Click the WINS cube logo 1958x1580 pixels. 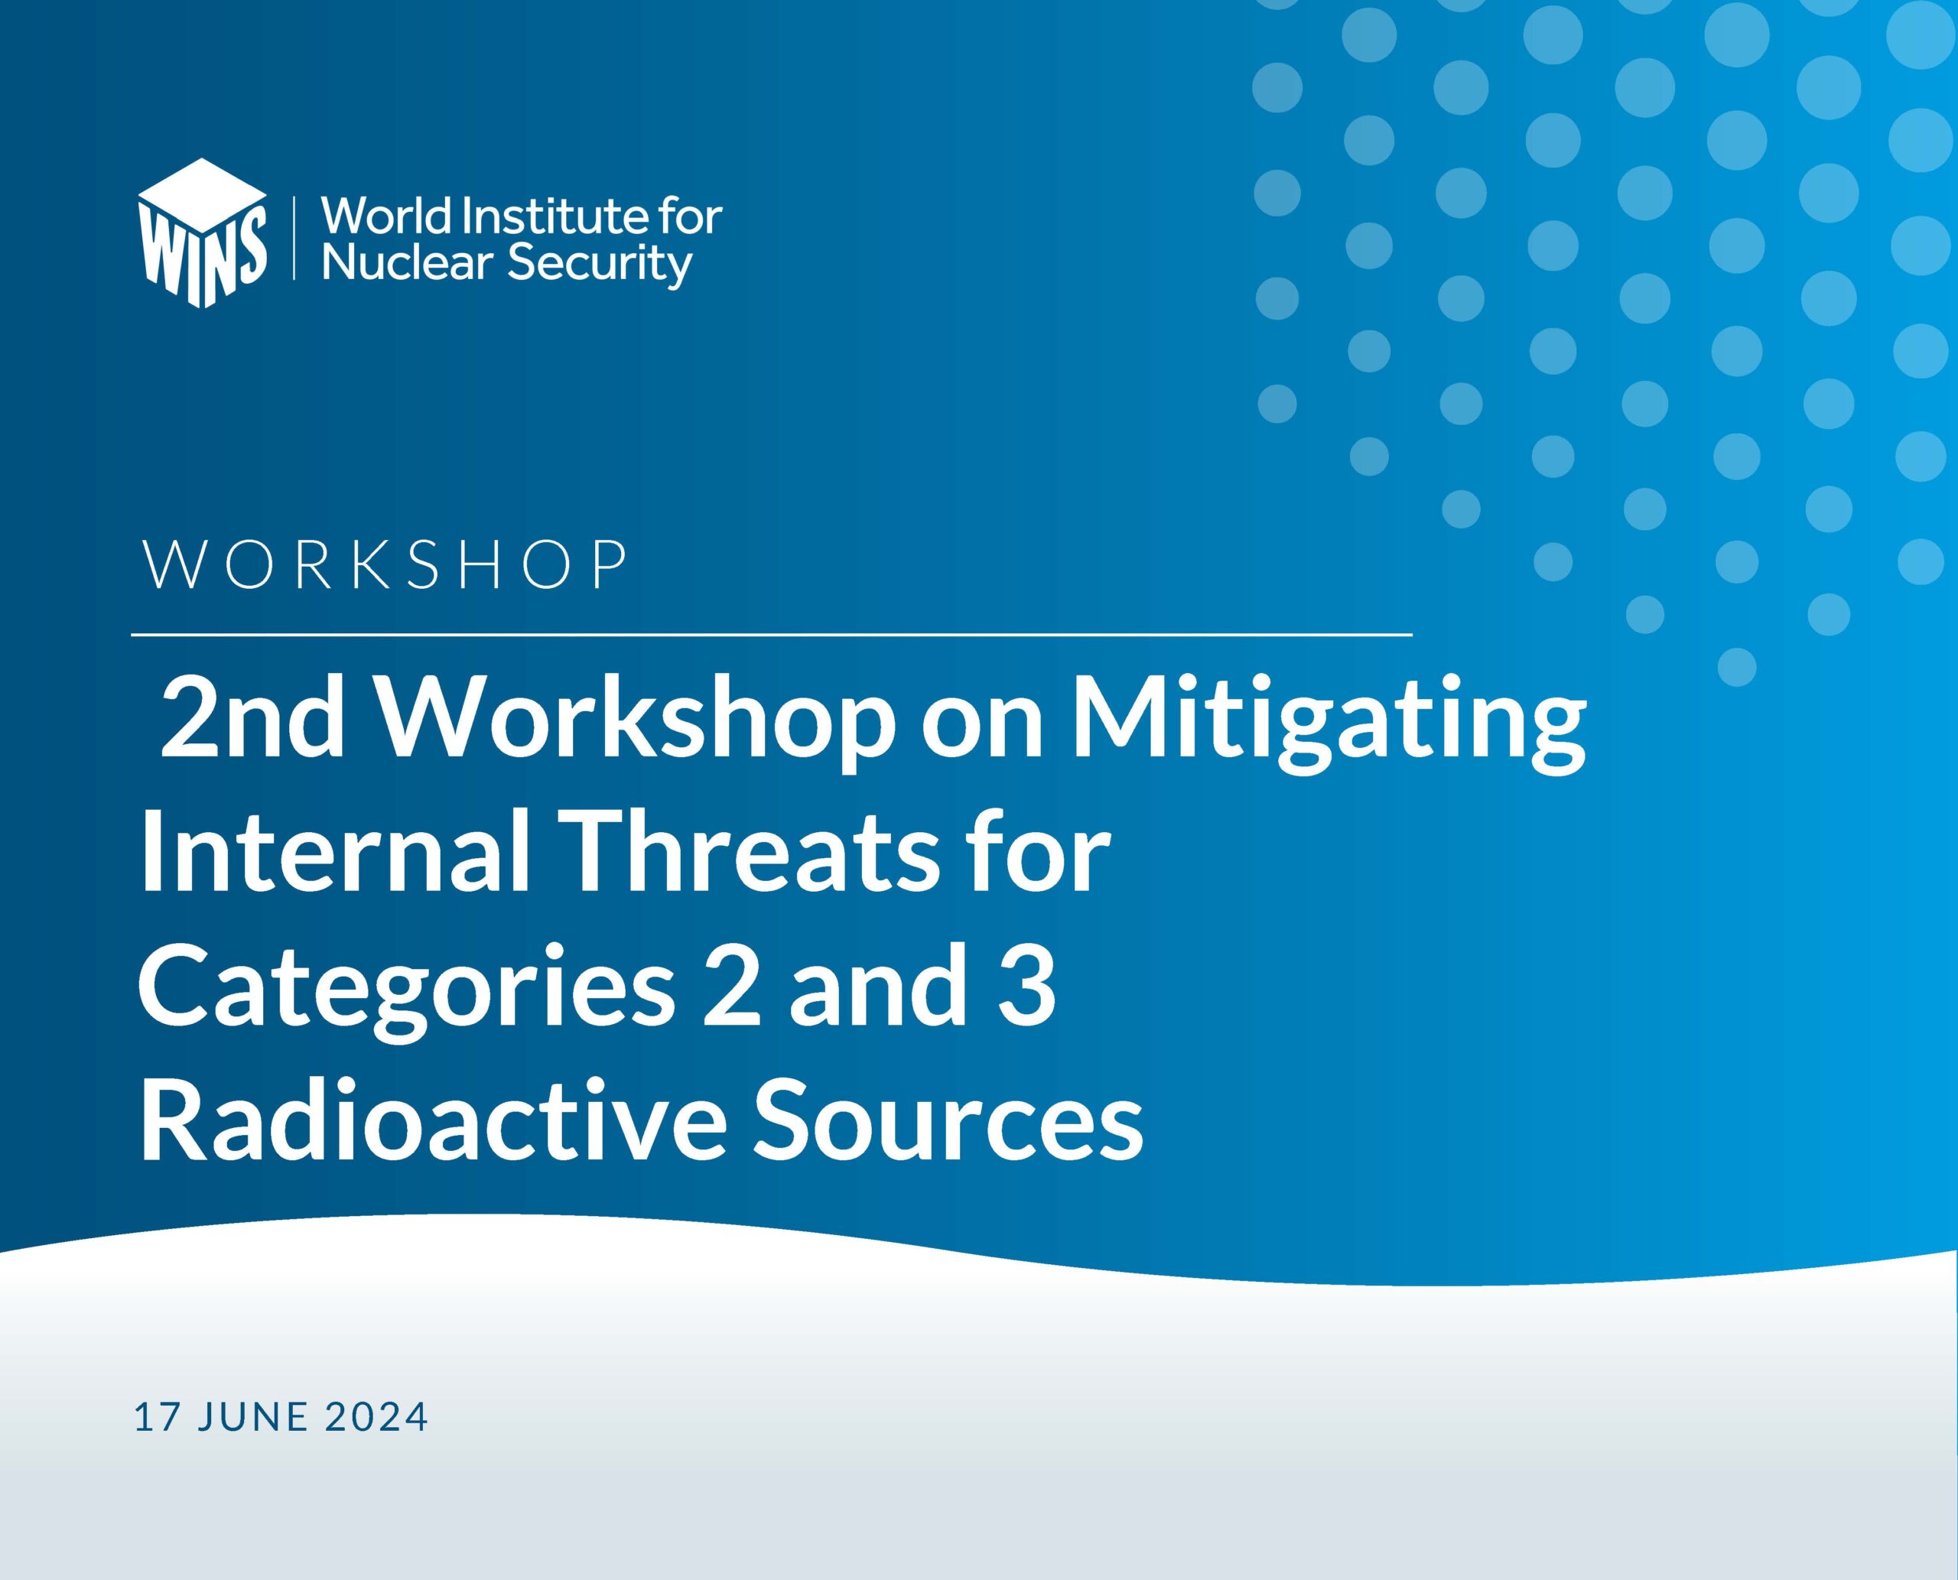[x=203, y=233]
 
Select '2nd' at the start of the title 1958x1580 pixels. [x=252, y=718]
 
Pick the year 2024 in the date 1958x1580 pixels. [x=376, y=1417]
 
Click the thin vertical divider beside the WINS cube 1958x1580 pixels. [x=294, y=236]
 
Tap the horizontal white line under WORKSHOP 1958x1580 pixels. [x=772, y=633]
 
